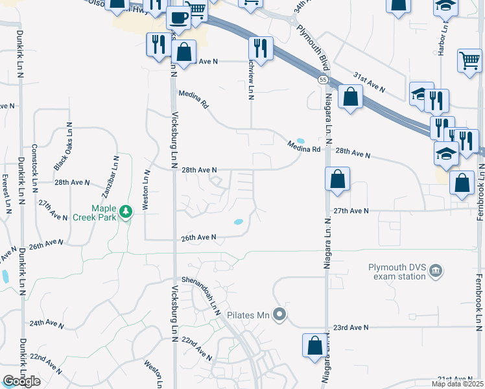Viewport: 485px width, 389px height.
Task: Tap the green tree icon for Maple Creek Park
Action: tap(127, 211)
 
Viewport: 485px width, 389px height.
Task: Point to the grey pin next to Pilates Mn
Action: tap(279, 315)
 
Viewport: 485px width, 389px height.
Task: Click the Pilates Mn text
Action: tap(248, 316)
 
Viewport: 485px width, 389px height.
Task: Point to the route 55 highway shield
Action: tap(322, 79)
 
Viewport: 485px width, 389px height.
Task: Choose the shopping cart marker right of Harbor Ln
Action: tap(469, 61)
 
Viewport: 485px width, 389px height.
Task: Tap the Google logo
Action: tap(21, 381)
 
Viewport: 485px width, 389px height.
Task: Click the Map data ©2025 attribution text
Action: tap(457, 384)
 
